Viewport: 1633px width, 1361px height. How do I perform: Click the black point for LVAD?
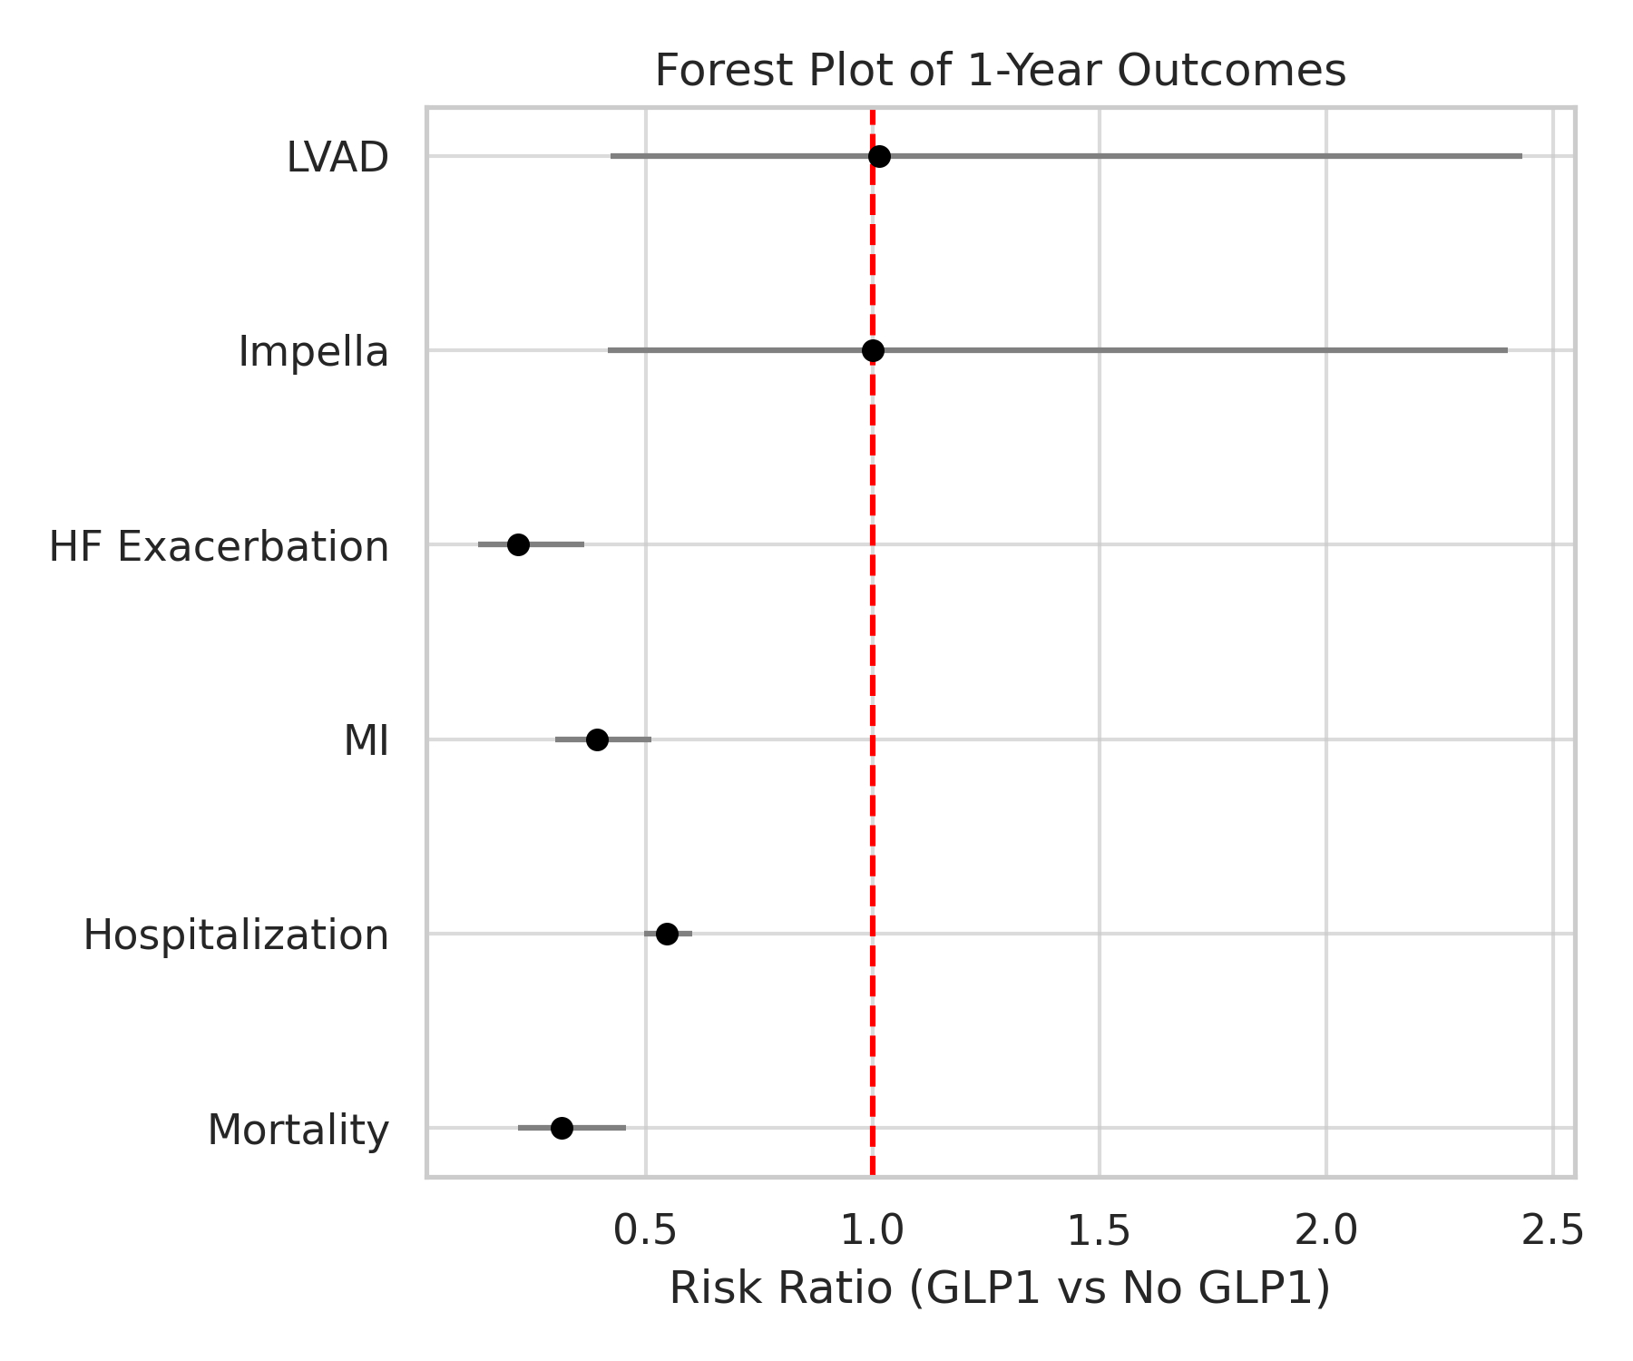(x=878, y=157)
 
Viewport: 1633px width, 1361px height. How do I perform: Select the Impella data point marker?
(x=873, y=350)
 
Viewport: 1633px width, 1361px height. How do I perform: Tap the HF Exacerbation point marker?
(x=518, y=544)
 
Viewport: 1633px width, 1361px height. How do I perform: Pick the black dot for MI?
(x=597, y=739)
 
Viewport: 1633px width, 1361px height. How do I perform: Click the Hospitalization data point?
(x=667, y=934)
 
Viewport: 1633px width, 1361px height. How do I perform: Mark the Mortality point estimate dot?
(x=562, y=1128)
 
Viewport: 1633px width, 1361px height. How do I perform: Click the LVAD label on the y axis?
(x=337, y=158)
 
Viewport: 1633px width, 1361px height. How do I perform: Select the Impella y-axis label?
(x=313, y=352)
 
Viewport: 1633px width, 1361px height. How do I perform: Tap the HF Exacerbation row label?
(x=219, y=547)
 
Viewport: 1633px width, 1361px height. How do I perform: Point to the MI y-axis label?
(x=366, y=741)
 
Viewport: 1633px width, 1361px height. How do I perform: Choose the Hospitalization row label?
(x=236, y=935)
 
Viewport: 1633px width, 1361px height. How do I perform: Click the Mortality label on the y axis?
(x=298, y=1131)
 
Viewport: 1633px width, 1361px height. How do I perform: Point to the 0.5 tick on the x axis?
(x=645, y=1230)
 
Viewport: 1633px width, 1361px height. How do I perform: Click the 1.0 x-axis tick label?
(x=872, y=1230)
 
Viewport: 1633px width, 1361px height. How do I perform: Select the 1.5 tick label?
(x=1099, y=1230)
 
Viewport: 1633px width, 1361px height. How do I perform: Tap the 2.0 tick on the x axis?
(x=1325, y=1230)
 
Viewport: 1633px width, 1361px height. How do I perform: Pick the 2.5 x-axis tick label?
(x=1552, y=1230)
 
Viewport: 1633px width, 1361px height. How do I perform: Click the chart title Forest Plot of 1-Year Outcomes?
(x=1000, y=71)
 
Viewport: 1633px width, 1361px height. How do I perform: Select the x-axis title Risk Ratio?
(x=1000, y=1288)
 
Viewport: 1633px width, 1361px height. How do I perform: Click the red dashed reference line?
(x=872, y=635)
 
